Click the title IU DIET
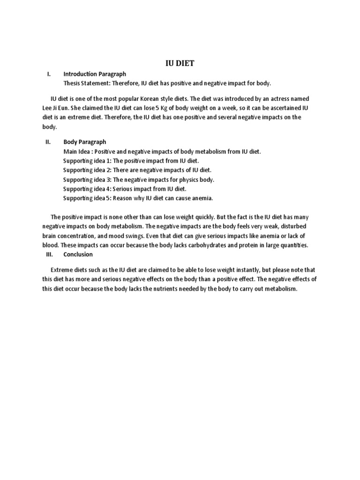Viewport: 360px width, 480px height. pyautogui.click(x=180, y=63)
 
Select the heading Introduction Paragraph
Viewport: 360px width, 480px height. pyautogui.click(x=95, y=74)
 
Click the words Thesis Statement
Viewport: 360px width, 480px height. pyautogui.click(x=86, y=83)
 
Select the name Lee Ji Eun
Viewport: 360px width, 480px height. pyautogui.click(x=62, y=108)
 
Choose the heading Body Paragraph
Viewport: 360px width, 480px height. pyautogui.click(x=85, y=142)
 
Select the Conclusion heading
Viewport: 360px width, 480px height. pyautogui.click(x=78, y=255)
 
